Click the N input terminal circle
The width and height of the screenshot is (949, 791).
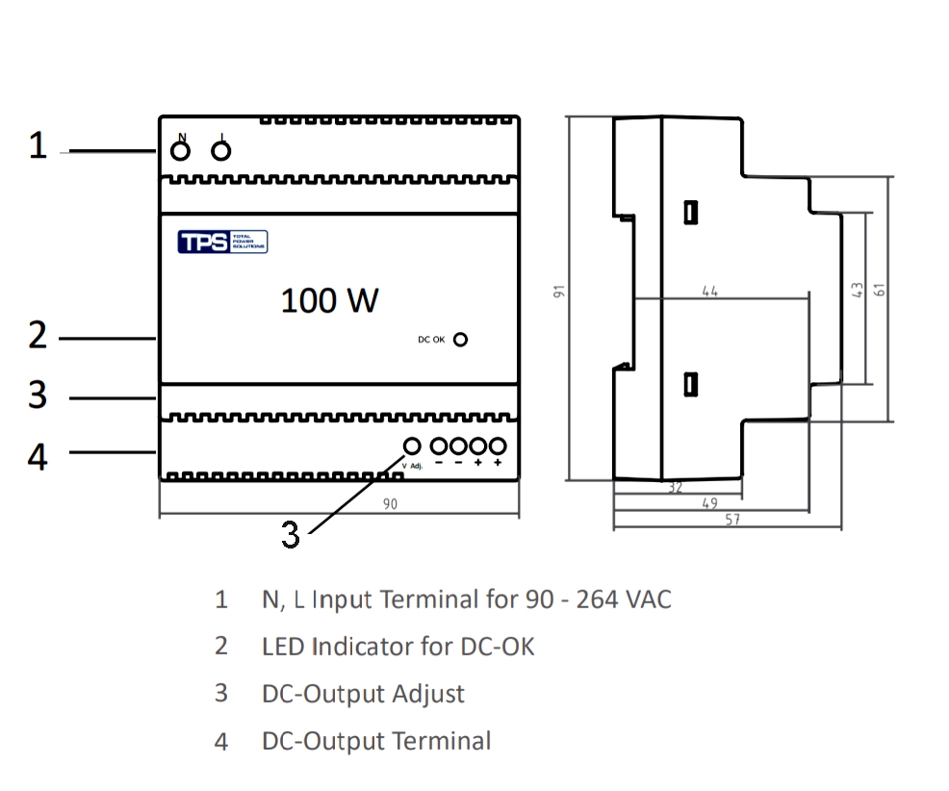pyautogui.click(x=180, y=152)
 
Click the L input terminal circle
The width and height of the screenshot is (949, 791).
pyautogui.click(x=221, y=152)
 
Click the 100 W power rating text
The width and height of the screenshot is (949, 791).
pyautogui.click(x=329, y=301)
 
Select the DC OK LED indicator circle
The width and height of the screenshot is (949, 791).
pyautogui.click(x=461, y=340)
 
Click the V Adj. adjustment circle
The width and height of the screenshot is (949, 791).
pyautogui.click(x=413, y=447)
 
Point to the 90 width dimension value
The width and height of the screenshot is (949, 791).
pyautogui.click(x=390, y=503)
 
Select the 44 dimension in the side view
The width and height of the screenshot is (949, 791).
pyautogui.click(x=710, y=291)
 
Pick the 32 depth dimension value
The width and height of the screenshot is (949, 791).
pyautogui.click(x=675, y=489)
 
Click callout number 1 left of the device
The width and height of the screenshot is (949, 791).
pyautogui.click(x=38, y=147)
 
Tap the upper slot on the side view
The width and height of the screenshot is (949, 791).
pyautogui.click(x=690, y=212)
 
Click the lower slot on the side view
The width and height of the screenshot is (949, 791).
pyautogui.click(x=690, y=385)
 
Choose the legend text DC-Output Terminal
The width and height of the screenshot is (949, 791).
pyautogui.click(x=376, y=741)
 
